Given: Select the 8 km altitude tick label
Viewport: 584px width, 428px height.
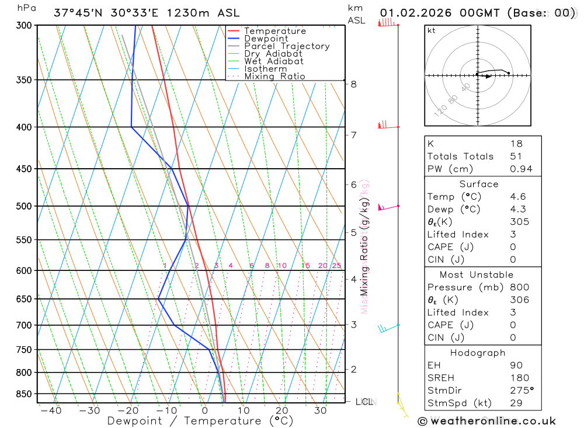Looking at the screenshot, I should pyautogui.click(x=353, y=84).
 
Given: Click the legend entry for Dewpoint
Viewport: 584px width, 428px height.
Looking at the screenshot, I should pyautogui.click(x=266, y=39).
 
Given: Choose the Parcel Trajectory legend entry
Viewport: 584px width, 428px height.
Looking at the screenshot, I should pyautogui.click(x=286, y=46).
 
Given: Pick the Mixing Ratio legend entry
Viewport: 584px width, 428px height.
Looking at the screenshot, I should pyautogui.click(x=274, y=76).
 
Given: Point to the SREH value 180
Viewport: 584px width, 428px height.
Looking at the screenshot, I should pyautogui.click(x=519, y=378).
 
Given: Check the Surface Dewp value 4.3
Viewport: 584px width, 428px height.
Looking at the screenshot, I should pyautogui.click(x=517, y=210).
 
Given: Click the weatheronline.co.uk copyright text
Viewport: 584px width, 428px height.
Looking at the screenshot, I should pyautogui.click(x=486, y=421).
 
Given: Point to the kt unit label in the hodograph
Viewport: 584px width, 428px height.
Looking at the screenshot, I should pyautogui.click(x=431, y=30).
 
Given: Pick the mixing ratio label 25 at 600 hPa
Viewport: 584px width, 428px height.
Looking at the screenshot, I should pyautogui.click(x=336, y=266).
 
